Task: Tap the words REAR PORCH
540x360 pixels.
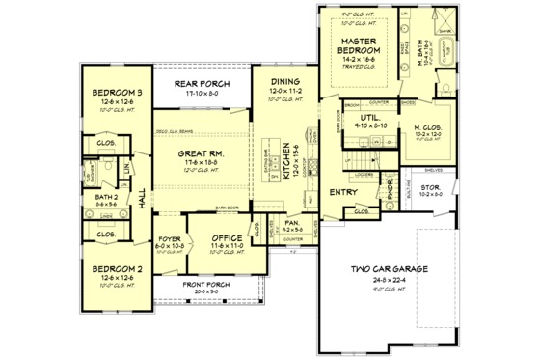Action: [200, 84]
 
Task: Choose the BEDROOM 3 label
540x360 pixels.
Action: [118, 93]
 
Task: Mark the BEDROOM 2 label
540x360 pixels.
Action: [118, 271]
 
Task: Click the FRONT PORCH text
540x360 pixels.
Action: [207, 286]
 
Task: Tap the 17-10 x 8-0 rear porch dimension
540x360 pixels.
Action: [200, 94]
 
